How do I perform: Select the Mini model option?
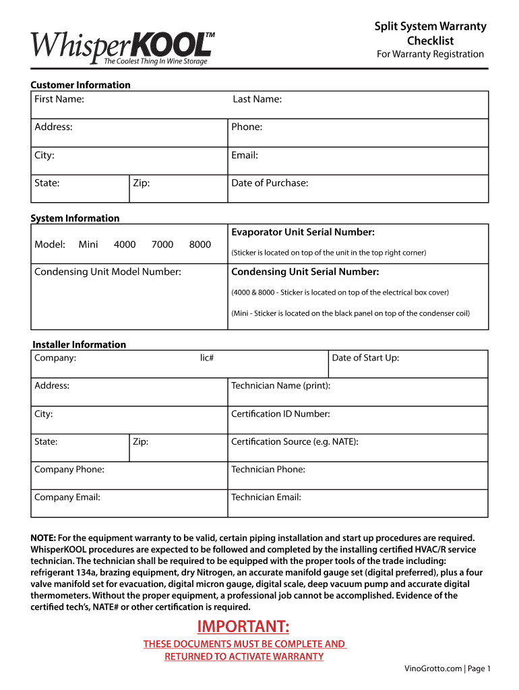88,245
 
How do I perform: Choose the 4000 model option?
125,245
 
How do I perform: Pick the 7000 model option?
162,245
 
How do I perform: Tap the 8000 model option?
200,245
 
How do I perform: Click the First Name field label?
59,99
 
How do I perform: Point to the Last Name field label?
257,99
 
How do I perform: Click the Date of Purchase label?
270,183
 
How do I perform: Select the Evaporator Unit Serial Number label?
303,232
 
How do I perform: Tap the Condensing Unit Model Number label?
108,272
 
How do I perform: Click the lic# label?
207,358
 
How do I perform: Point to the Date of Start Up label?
365,358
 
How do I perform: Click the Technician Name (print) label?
280,385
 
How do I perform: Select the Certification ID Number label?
280,414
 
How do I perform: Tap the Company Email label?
67,497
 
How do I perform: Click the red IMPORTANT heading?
243,627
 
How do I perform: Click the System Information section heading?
75,218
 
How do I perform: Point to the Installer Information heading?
80,344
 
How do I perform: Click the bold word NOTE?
43,538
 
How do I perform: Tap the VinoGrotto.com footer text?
433,668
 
